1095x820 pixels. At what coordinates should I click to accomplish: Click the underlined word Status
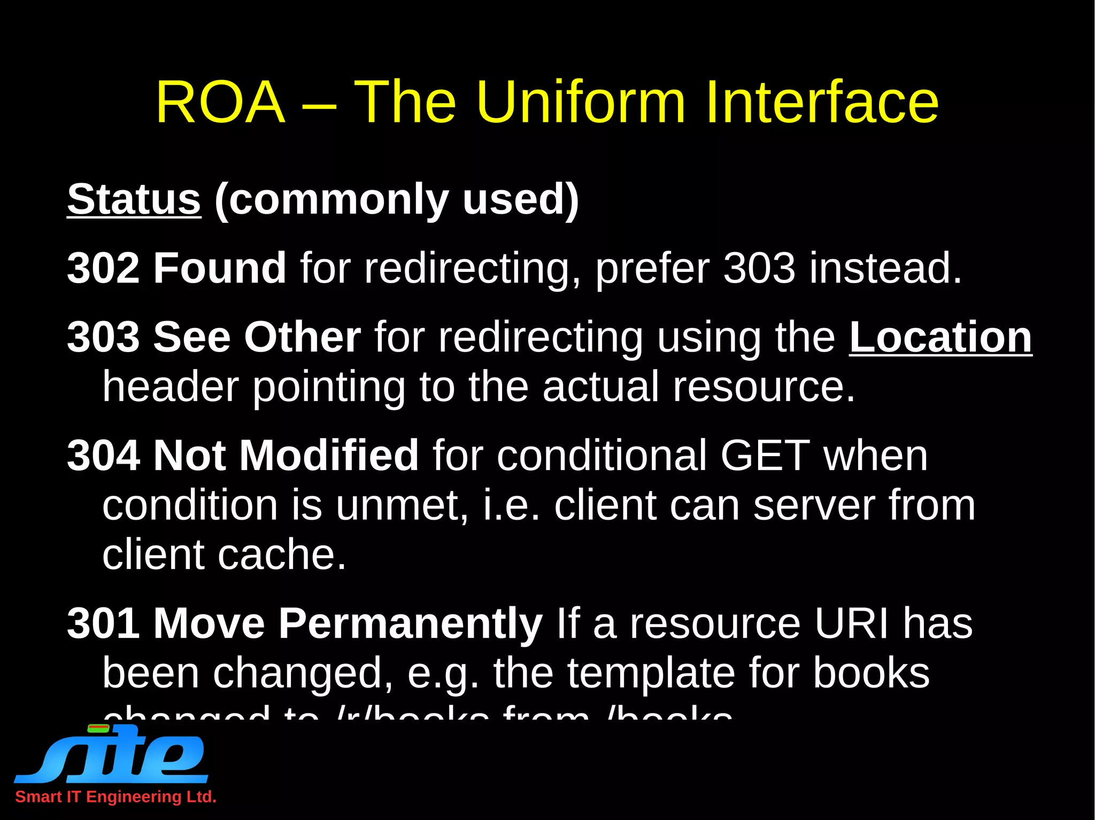coord(134,199)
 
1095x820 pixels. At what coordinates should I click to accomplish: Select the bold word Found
coord(220,268)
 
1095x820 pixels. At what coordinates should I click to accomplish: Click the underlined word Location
coord(940,337)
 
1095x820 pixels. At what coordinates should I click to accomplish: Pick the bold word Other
coord(302,337)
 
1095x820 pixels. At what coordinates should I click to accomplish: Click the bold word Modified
coord(329,455)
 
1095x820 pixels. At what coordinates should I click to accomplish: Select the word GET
coord(765,455)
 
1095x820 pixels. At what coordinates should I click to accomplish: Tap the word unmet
coord(401,505)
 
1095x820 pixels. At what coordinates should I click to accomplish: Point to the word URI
coord(851,623)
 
